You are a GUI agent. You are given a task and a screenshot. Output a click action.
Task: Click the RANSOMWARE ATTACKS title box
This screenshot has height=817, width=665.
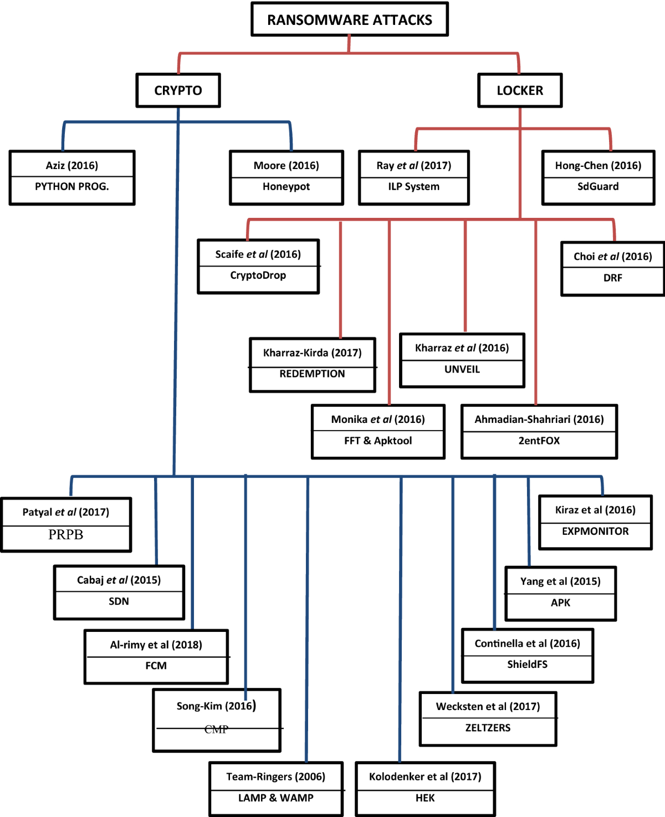tap(350, 20)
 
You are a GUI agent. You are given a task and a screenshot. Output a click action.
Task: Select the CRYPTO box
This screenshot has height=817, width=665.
tap(178, 90)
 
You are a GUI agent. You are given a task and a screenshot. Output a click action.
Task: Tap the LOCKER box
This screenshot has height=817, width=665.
tap(520, 90)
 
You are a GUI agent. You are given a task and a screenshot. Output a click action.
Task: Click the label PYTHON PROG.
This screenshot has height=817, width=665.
tap(72, 187)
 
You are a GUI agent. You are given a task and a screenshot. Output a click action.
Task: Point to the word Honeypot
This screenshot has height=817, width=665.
tap(286, 187)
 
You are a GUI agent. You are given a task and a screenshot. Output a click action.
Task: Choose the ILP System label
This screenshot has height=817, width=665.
tap(413, 187)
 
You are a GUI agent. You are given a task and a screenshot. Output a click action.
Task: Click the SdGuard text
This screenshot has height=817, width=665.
tap(598, 187)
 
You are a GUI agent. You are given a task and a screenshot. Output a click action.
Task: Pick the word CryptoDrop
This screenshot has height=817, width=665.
tap(258, 275)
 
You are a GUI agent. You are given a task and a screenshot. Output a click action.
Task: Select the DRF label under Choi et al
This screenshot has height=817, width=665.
tap(612, 278)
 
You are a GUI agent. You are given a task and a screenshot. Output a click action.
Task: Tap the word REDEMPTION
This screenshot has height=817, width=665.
tap(312, 374)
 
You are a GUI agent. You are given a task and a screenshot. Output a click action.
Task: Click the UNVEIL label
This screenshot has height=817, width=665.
tap(462, 370)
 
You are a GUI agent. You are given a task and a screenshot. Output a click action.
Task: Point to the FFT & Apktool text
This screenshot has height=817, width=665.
tap(378, 441)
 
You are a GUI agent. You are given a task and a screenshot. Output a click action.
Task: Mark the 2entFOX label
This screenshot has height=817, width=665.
tap(539, 441)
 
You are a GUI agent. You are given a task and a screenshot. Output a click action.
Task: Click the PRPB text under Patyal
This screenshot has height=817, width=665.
tap(65, 535)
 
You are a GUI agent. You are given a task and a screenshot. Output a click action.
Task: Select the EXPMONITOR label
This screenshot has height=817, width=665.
tap(595, 532)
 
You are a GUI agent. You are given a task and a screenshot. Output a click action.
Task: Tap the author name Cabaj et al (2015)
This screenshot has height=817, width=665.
tap(119, 580)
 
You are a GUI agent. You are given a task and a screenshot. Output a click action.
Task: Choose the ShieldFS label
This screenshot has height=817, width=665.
tap(527, 665)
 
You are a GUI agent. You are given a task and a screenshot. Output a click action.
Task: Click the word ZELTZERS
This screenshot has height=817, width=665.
tap(488, 728)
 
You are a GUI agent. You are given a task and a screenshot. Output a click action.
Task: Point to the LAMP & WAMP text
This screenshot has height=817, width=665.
tap(276, 798)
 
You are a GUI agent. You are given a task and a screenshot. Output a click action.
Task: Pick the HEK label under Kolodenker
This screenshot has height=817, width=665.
tap(425, 798)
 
